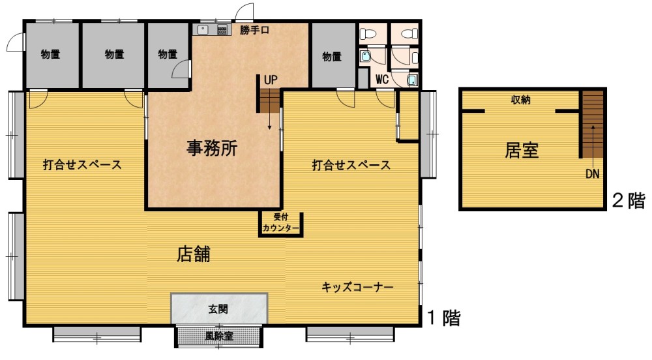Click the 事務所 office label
212,148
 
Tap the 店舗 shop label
194,254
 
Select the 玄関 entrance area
218,308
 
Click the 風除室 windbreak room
218,336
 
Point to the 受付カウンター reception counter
280,224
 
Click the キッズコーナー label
357,287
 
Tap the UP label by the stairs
271,80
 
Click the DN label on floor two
593,173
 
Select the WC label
381,79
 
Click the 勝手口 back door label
254,31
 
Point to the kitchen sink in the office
203,29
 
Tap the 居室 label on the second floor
522,150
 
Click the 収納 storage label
520,100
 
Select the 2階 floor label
629,201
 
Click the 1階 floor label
444,318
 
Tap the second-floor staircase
592,124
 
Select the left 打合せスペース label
82,165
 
